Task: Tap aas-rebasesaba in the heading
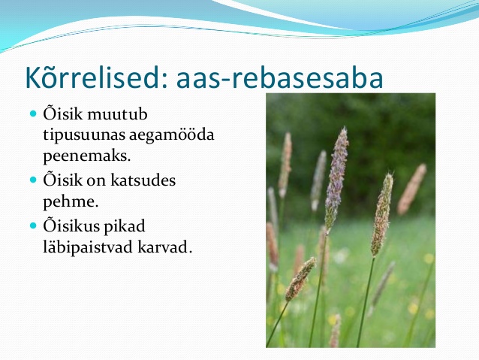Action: click(279, 78)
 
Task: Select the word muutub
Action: click(117, 114)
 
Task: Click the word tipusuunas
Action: click(83, 135)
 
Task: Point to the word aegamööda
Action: click(171, 135)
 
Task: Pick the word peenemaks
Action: click(87, 156)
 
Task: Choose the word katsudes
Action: click(143, 180)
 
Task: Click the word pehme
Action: click(71, 202)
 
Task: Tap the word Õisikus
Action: click(71, 226)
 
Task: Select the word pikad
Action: click(124, 227)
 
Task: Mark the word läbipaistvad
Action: click(88, 247)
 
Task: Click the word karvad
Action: click(165, 247)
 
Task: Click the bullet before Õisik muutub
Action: click(33, 114)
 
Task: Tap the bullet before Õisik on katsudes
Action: click(33, 180)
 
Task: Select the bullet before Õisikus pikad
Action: click(33, 226)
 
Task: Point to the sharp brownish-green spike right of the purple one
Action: click(382, 214)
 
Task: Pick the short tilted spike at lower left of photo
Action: click(300, 279)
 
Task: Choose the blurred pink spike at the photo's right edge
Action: click(412, 189)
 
